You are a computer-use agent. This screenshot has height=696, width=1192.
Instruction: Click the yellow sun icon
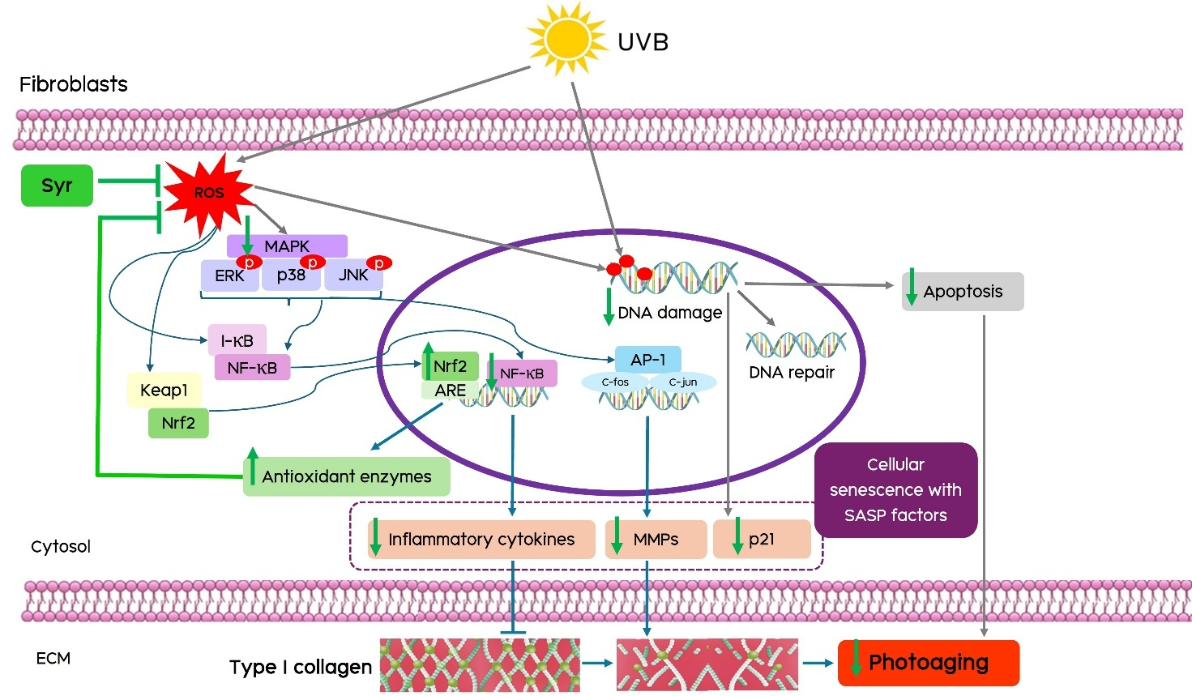click(566, 38)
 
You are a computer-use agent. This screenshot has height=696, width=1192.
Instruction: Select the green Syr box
click(57, 186)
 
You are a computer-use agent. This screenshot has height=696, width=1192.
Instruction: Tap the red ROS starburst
click(208, 193)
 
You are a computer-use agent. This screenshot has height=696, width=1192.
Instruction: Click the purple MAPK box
click(287, 246)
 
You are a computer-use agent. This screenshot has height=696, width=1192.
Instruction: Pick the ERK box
click(229, 276)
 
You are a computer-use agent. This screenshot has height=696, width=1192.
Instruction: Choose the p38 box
click(291, 275)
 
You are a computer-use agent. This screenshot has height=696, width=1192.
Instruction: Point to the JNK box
click(353, 275)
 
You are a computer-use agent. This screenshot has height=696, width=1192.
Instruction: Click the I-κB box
click(237, 341)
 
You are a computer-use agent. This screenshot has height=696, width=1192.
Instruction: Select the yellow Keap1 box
click(164, 391)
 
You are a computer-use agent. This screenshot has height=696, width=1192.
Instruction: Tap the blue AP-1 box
click(647, 360)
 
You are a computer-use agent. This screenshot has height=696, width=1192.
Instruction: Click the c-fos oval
click(615, 382)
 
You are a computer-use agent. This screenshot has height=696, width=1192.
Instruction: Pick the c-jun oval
click(683, 382)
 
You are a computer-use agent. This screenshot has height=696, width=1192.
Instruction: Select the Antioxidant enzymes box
click(346, 476)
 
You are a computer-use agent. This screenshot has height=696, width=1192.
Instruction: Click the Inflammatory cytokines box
click(481, 540)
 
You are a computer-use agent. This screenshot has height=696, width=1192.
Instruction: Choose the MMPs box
click(656, 540)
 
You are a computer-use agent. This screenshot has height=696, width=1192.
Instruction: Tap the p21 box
click(762, 540)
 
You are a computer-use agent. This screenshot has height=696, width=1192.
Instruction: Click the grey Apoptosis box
click(963, 292)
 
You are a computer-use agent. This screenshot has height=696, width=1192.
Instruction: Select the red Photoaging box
click(928, 663)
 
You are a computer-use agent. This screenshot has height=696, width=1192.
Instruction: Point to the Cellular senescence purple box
click(895, 489)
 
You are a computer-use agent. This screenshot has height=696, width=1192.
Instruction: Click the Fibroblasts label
click(74, 84)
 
